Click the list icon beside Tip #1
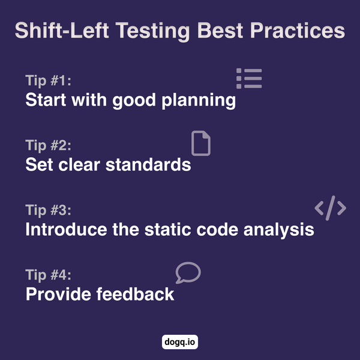[x=249, y=79]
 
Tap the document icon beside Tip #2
[x=201, y=144]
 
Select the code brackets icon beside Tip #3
[x=330, y=208]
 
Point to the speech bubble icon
[x=188, y=272]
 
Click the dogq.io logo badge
[x=180, y=343]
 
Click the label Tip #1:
[x=49, y=81]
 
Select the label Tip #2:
[x=49, y=146]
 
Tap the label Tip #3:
[x=49, y=211]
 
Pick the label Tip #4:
[x=49, y=275]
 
